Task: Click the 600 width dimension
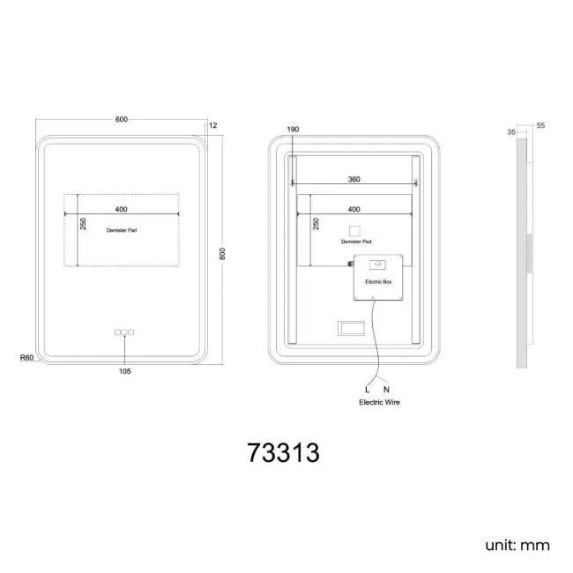point(122,120)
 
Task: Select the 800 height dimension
point(222,254)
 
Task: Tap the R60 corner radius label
point(26,358)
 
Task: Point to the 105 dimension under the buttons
point(124,371)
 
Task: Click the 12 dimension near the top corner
point(212,125)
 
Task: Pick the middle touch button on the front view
point(124,332)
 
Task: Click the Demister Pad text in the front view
point(122,230)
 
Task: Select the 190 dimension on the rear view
point(293,130)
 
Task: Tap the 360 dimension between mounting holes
point(353,179)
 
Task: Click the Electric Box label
point(378,282)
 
